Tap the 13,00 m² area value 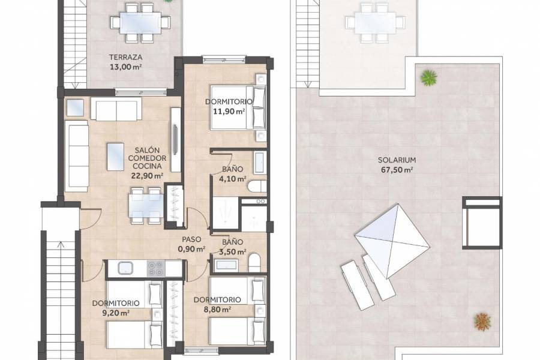[x=125, y=67]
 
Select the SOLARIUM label [x=397, y=160]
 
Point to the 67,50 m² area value [x=398, y=170]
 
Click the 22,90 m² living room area [x=147, y=176]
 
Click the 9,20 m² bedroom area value [x=116, y=313]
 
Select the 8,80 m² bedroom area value [x=217, y=310]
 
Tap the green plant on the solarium [x=428, y=77]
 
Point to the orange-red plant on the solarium [x=482, y=322]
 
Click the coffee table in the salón [x=115, y=155]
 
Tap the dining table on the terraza [x=140, y=23]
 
